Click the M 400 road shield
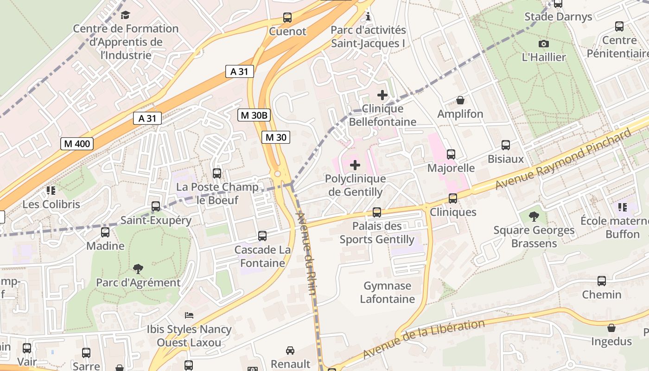click(x=77, y=144)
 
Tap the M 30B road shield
click(x=254, y=115)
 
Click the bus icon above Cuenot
click(x=287, y=18)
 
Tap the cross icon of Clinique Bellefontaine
click(x=382, y=95)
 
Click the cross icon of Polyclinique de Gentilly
click(x=355, y=165)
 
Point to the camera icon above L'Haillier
click(x=544, y=44)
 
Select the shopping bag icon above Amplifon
click(x=460, y=100)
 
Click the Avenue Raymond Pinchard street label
click(x=563, y=159)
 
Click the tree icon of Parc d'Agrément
click(x=138, y=269)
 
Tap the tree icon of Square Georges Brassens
click(x=534, y=216)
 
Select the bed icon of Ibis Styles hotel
click(x=189, y=315)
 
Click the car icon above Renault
click(x=290, y=350)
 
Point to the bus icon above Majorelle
click(x=451, y=154)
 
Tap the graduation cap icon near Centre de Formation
click(x=125, y=15)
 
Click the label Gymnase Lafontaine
click(x=388, y=292)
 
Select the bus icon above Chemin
click(x=602, y=281)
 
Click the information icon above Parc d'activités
click(x=368, y=17)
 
